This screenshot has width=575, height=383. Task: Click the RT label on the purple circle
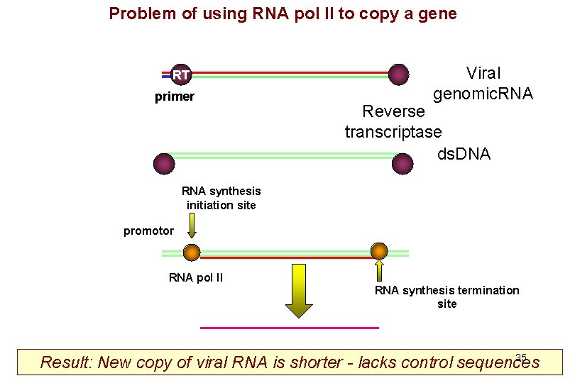click(181, 74)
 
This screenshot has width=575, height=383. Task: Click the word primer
click(175, 97)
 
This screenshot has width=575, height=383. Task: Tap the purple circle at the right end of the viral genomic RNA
click(399, 74)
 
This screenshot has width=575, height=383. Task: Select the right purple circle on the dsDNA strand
click(402, 164)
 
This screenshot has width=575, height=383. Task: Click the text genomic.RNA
click(483, 94)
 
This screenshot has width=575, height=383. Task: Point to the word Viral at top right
click(483, 73)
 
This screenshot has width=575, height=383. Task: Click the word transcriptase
click(393, 132)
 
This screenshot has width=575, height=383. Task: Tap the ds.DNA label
click(464, 154)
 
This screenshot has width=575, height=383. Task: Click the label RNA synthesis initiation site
click(221, 198)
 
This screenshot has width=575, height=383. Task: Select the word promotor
click(148, 231)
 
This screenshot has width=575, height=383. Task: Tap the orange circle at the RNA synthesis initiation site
click(192, 252)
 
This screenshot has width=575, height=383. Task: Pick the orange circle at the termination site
click(379, 250)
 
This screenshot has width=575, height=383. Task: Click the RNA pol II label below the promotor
click(196, 277)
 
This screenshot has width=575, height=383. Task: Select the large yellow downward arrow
click(299, 291)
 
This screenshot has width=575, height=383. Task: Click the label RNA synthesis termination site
click(447, 296)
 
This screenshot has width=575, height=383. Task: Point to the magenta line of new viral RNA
click(290, 328)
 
